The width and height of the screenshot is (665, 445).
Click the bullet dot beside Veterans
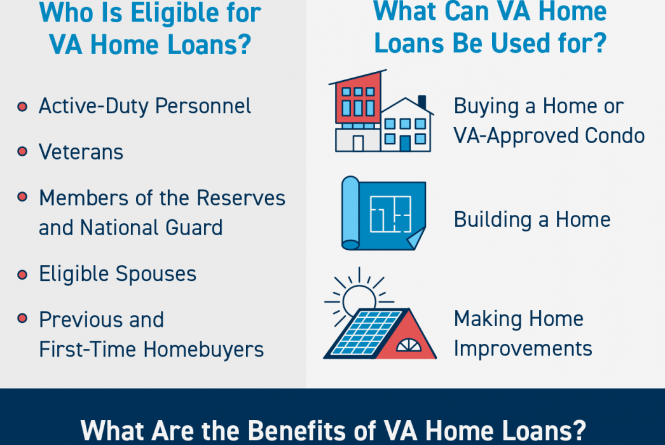click(x=22, y=151)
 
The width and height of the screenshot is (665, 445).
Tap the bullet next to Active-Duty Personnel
click(x=22, y=106)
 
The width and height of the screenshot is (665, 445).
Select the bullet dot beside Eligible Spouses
click(x=22, y=275)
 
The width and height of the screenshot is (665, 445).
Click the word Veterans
click(x=81, y=152)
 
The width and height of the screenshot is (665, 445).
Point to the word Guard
click(x=194, y=228)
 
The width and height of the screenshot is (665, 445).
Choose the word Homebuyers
click(x=203, y=350)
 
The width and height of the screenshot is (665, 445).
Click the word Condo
click(x=615, y=136)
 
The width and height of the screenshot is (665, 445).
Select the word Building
click(x=493, y=220)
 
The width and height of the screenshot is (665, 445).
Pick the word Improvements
click(x=523, y=349)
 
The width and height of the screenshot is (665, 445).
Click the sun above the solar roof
click(x=359, y=299)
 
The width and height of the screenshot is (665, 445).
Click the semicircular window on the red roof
click(x=409, y=345)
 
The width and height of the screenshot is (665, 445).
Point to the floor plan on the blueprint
click(x=390, y=214)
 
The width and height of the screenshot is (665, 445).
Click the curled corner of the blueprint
click(x=416, y=238)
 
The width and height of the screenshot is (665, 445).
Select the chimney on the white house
click(x=422, y=102)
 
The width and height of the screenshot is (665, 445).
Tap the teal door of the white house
click(x=406, y=144)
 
